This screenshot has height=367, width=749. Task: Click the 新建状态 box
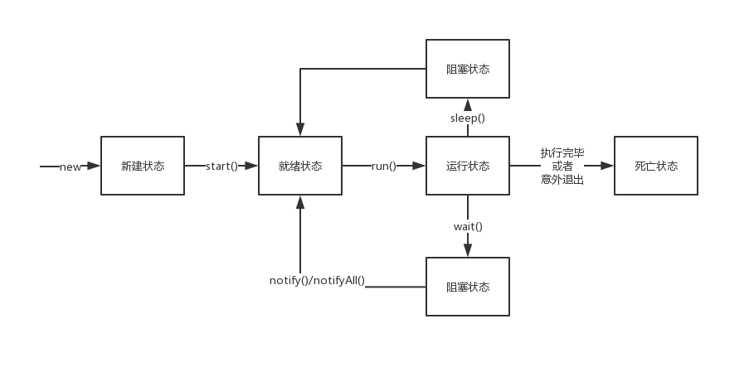pos(143,166)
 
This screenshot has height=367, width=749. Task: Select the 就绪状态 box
pos(300,166)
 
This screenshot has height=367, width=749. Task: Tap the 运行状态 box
pos(468,166)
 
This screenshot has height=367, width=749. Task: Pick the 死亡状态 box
pos(656,166)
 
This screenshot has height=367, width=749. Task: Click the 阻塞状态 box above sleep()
pos(468,69)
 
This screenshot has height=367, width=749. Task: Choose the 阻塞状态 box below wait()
pos(468,287)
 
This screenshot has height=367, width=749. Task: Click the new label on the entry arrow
pos(71,167)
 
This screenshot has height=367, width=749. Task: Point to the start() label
pos(221,166)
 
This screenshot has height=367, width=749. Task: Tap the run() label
pos(383,166)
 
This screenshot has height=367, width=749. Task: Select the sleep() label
pos(468,118)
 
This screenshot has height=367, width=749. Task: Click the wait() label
pos(468,226)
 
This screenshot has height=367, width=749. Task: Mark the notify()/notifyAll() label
pos(318,280)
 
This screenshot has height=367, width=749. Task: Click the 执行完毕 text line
pos(562,153)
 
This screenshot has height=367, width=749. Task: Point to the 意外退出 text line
pos(562,179)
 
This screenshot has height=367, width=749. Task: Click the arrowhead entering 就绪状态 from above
pos(300,130)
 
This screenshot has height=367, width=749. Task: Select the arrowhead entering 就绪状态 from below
pos(300,201)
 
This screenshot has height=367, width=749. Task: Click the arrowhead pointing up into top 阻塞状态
pos(468,104)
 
